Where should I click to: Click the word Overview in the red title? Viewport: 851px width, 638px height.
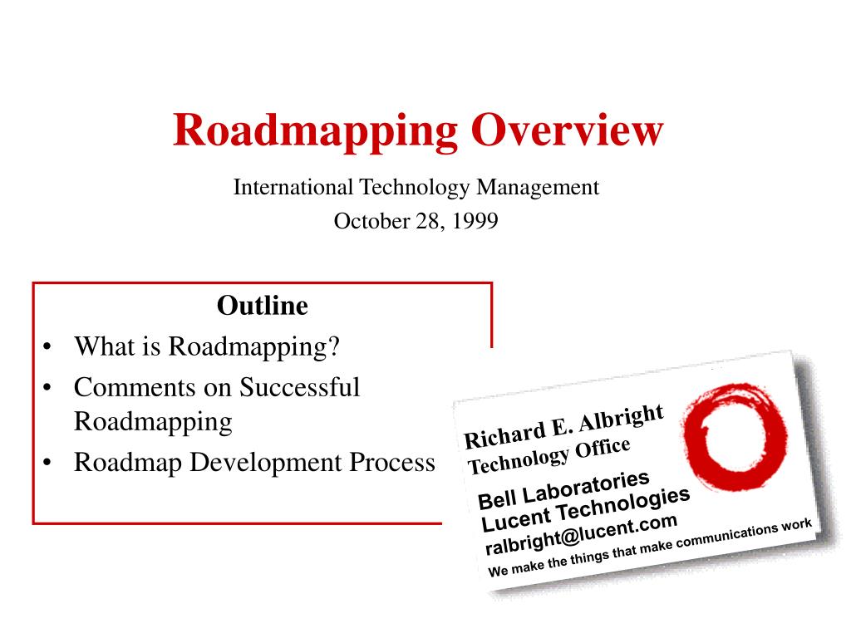[567, 130]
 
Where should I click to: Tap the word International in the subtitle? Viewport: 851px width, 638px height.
[293, 187]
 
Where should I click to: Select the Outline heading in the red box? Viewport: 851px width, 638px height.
[262, 306]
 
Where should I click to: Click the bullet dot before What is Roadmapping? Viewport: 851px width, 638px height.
[47, 346]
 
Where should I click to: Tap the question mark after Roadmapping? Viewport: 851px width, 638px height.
[334, 346]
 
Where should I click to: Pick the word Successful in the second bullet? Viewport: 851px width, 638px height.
[299, 387]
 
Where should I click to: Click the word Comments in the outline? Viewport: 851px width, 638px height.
[135, 387]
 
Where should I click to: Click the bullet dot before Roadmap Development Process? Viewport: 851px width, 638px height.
[47, 463]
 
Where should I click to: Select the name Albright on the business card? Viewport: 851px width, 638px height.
[620, 418]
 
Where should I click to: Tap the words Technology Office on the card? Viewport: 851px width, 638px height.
[548, 455]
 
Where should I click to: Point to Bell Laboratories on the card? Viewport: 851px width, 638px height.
[563, 489]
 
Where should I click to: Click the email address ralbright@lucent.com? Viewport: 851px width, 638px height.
[581, 534]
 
